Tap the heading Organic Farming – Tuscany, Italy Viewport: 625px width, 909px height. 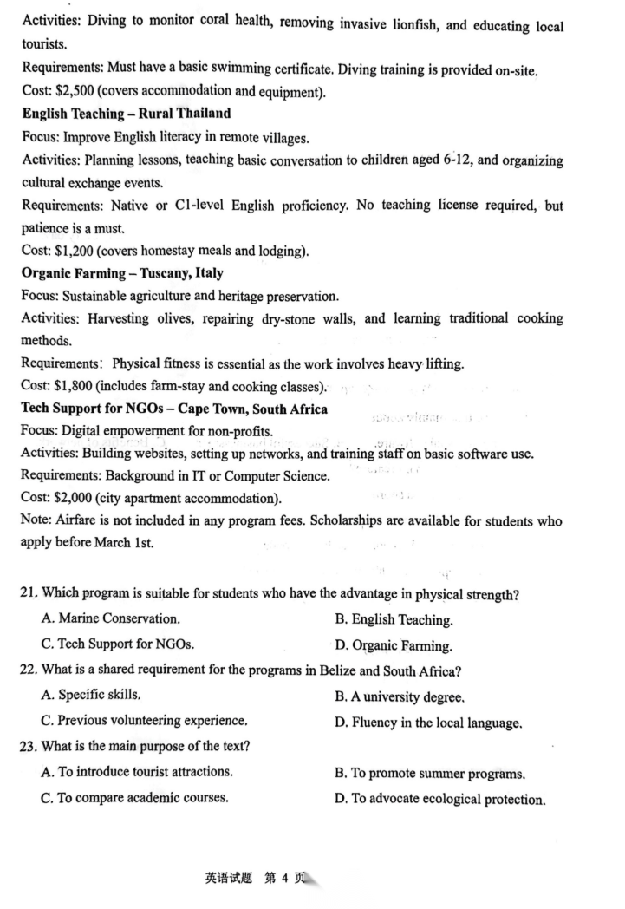click(122, 273)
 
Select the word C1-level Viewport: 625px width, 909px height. click(228, 206)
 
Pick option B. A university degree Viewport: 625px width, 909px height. click(400, 696)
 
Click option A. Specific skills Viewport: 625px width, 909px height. click(91, 696)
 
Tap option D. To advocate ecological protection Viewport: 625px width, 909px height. click(439, 799)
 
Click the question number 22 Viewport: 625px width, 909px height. click(28, 670)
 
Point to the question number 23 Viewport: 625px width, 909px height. click(28, 747)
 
